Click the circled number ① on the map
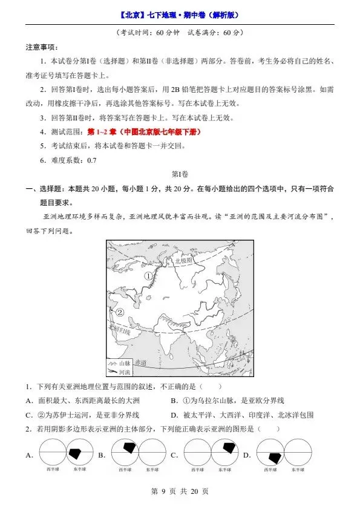[x=148, y=275]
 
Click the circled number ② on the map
[x=119, y=312]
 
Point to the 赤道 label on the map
[x=141, y=361]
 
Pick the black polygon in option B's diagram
[x=129, y=447]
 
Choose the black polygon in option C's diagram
[x=229, y=448]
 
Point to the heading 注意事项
[x=42, y=47]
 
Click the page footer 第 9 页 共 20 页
[x=180, y=491]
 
